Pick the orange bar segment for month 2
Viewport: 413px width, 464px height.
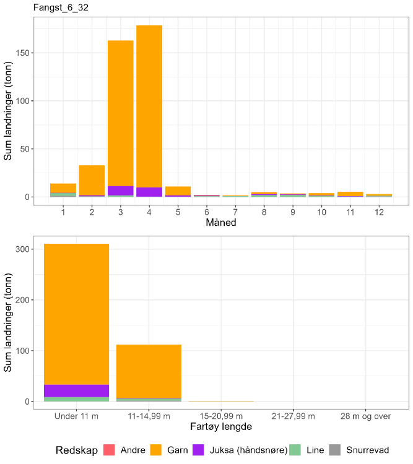(92, 179)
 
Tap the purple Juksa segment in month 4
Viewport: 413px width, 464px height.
(149, 192)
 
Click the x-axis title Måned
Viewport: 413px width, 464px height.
(220, 223)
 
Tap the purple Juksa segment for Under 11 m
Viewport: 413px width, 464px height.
(76, 390)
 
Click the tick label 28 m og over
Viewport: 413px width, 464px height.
(366, 416)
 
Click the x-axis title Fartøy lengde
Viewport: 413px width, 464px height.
(220, 427)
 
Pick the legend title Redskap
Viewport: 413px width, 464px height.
(76, 450)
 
